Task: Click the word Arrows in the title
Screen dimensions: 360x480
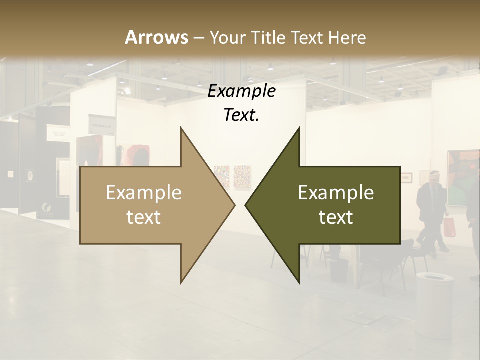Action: (x=156, y=37)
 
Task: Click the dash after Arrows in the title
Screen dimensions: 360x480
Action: (x=198, y=38)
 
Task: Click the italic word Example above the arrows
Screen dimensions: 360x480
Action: (x=241, y=91)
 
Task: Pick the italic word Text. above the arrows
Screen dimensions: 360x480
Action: (x=241, y=115)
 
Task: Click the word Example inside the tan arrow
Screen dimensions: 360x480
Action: (x=144, y=193)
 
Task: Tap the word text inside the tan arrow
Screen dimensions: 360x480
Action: (x=144, y=217)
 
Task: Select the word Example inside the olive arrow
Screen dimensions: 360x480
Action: (x=336, y=193)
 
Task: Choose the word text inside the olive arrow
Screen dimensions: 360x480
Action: (x=336, y=217)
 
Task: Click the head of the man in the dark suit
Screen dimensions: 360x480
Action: (x=433, y=178)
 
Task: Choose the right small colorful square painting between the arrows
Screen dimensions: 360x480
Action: (x=242, y=175)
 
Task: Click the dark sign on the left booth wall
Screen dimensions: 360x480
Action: (x=102, y=123)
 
